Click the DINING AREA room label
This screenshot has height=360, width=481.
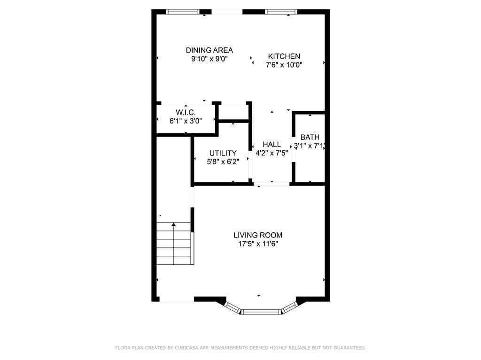[209, 50]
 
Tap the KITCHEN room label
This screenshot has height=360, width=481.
[284, 56]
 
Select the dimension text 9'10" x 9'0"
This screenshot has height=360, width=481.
[209, 59]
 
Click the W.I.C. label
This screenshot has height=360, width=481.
[186, 112]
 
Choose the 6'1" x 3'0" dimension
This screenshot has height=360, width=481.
[186, 121]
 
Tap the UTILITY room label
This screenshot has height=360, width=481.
[223, 153]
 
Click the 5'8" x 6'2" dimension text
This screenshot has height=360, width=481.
[223, 161]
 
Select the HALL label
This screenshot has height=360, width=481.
[272, 145]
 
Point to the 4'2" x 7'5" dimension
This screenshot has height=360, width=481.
[272, 153]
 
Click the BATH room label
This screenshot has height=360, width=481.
[310, 137]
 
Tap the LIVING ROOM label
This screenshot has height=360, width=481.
[258, 235]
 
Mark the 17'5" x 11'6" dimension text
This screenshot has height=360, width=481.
[258, 244]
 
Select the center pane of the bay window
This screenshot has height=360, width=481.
[261, 311]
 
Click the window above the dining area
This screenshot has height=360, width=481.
[183, 12]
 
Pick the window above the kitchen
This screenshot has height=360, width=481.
[281, 12]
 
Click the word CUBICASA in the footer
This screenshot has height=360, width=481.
[186, 348]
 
